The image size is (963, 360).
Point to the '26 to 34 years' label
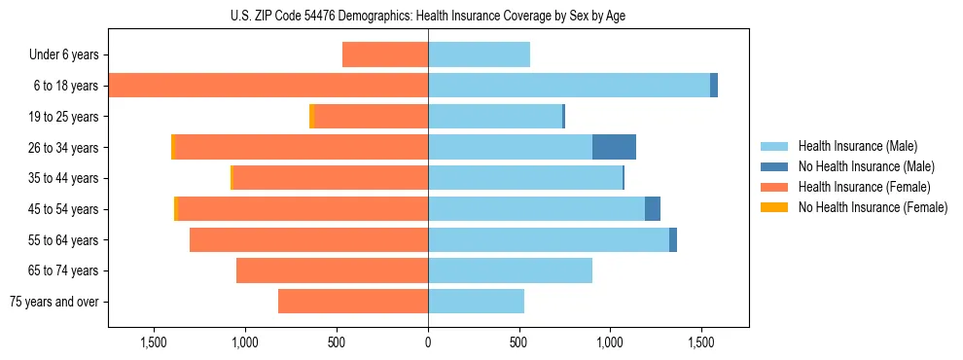[62, 148]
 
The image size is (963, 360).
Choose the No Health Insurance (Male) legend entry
[866, 166]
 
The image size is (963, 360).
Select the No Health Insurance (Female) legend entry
[873, 207]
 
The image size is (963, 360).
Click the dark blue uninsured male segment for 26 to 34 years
[614, 147]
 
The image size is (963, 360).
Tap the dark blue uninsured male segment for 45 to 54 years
[653, 208]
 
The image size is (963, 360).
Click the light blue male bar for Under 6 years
[479, 54]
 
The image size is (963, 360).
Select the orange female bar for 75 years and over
[353, 302]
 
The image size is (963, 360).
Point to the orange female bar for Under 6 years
[385, 54]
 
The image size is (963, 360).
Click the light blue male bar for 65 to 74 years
[510, 270]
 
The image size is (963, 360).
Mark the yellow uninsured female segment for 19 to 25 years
[312, 116]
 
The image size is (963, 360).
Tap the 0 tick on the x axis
[428, 342]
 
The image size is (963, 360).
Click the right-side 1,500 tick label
[701, 342]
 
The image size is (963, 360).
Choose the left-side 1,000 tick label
[245, 342]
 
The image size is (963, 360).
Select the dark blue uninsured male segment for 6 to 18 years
[714, 86]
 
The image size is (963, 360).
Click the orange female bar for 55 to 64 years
[308, 239]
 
